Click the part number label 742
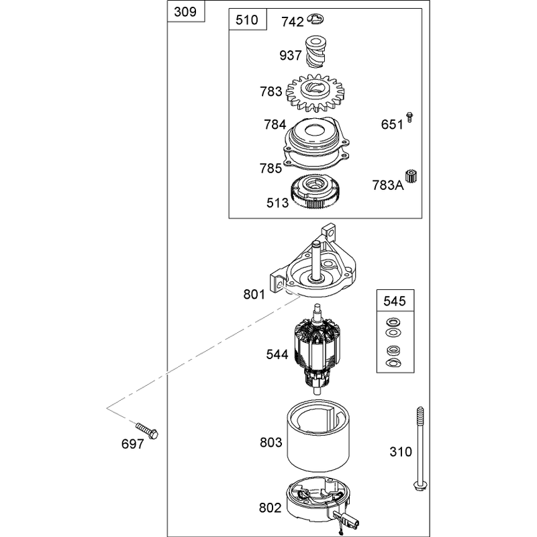pyautogui.click(x=293, y=22)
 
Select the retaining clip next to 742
pyautogui.click(x=315, y=19)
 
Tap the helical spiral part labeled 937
pyautogui.click(x=315, y=52)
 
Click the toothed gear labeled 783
pyautogui.click(x=315, y=93)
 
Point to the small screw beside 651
pyautogui.click(x=409, y=117)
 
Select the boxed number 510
pyautogui.click(x=247, y=20)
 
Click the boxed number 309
pyautogui.click(x=185, y=11)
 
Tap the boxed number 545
pyautogui.click(x=395, y=301)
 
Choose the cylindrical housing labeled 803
pyautogui.click(x=318, y=436)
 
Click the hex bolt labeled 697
pyautogui.click(x=147, y=431)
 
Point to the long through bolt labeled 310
pyautogui.click(x=420, y=448)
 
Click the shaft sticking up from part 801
pyautogui.click(x=315, y=260)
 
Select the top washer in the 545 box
pyautogui.click(x=393, y=322)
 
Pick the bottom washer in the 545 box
pyautogui.click(x=393, y=363)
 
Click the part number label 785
pyautogui.click(x=271, y=168)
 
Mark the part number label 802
pyautogui.click(x=271, y=507)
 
